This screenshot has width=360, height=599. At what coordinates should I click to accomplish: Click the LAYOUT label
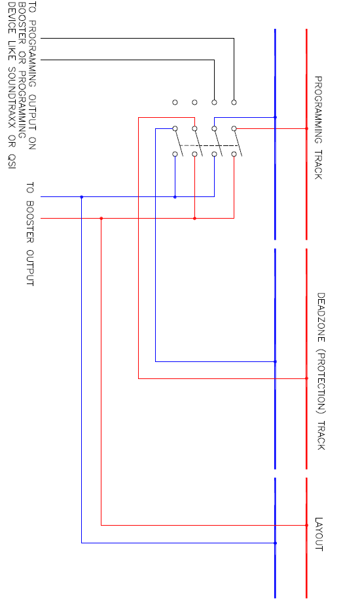coord(319,534)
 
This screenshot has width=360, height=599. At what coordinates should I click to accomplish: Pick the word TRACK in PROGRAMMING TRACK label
coord(318,164)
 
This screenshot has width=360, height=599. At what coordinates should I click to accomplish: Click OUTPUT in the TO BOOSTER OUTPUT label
coord(30,267)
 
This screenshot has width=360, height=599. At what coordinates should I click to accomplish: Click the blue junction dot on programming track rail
coord(276,117)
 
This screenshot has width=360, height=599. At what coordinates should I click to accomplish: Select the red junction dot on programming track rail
coord(306,129)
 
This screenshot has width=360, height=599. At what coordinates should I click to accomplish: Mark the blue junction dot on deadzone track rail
coord(276,361)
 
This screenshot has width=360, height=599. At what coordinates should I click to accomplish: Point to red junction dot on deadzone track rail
coord(306,378)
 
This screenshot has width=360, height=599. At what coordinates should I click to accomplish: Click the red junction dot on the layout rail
coord(306,525)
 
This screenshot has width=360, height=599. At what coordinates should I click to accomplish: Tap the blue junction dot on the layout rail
coord(276,543)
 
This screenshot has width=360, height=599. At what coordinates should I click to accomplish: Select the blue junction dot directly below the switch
coord(175,197)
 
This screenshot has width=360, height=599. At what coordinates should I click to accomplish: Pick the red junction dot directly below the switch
coord(194,219)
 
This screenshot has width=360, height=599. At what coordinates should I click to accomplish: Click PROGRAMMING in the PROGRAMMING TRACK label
coord(318,109)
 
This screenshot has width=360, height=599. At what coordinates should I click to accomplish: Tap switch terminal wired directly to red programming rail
coord(234,129)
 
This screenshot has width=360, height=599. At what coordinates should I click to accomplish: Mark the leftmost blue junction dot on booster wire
coord(81,197)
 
